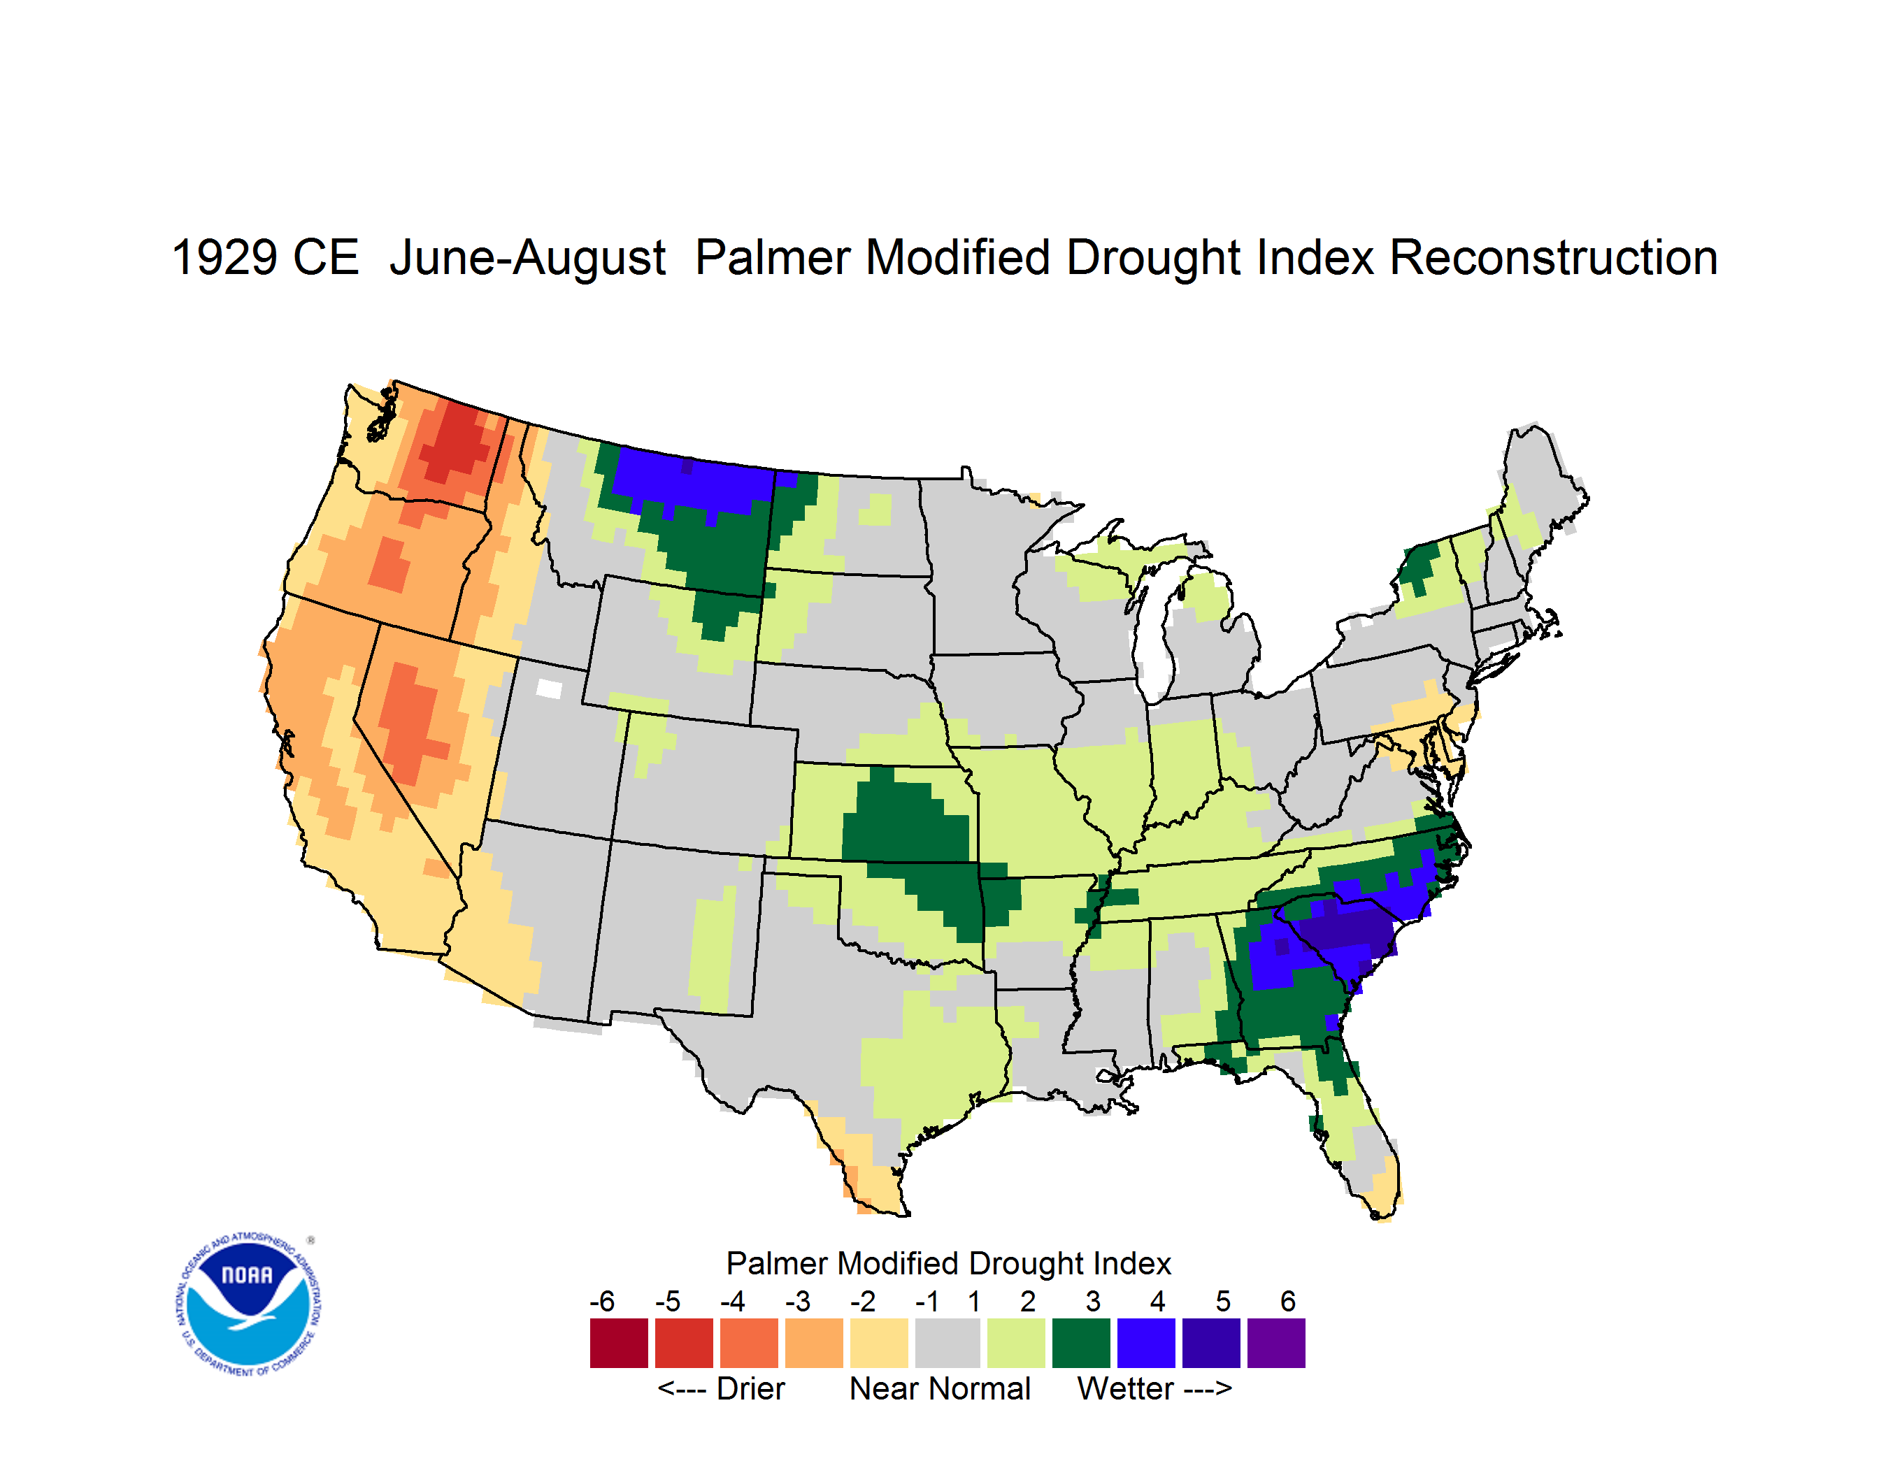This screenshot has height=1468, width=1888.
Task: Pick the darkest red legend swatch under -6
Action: point(619,1343)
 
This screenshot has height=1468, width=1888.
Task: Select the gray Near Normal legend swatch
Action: point(947,1343)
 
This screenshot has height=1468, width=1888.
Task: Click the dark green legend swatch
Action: point(1080,1343)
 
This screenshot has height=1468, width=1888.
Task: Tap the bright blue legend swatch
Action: point(1146,1343)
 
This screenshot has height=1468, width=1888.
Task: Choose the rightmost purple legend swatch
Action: point(1276,1343)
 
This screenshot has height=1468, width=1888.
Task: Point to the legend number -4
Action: point(732,1301)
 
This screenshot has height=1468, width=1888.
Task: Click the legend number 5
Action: point(1222,1301)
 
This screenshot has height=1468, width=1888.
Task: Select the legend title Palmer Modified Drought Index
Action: point(948,1263)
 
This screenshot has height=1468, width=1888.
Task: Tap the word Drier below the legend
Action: point(750,1388)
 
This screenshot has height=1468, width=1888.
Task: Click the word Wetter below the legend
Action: point(1126,1388)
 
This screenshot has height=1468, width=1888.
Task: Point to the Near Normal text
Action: point(940,1388)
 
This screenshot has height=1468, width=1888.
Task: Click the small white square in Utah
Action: point(549,689)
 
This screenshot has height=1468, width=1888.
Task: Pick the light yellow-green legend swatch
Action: point(1016,1343)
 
